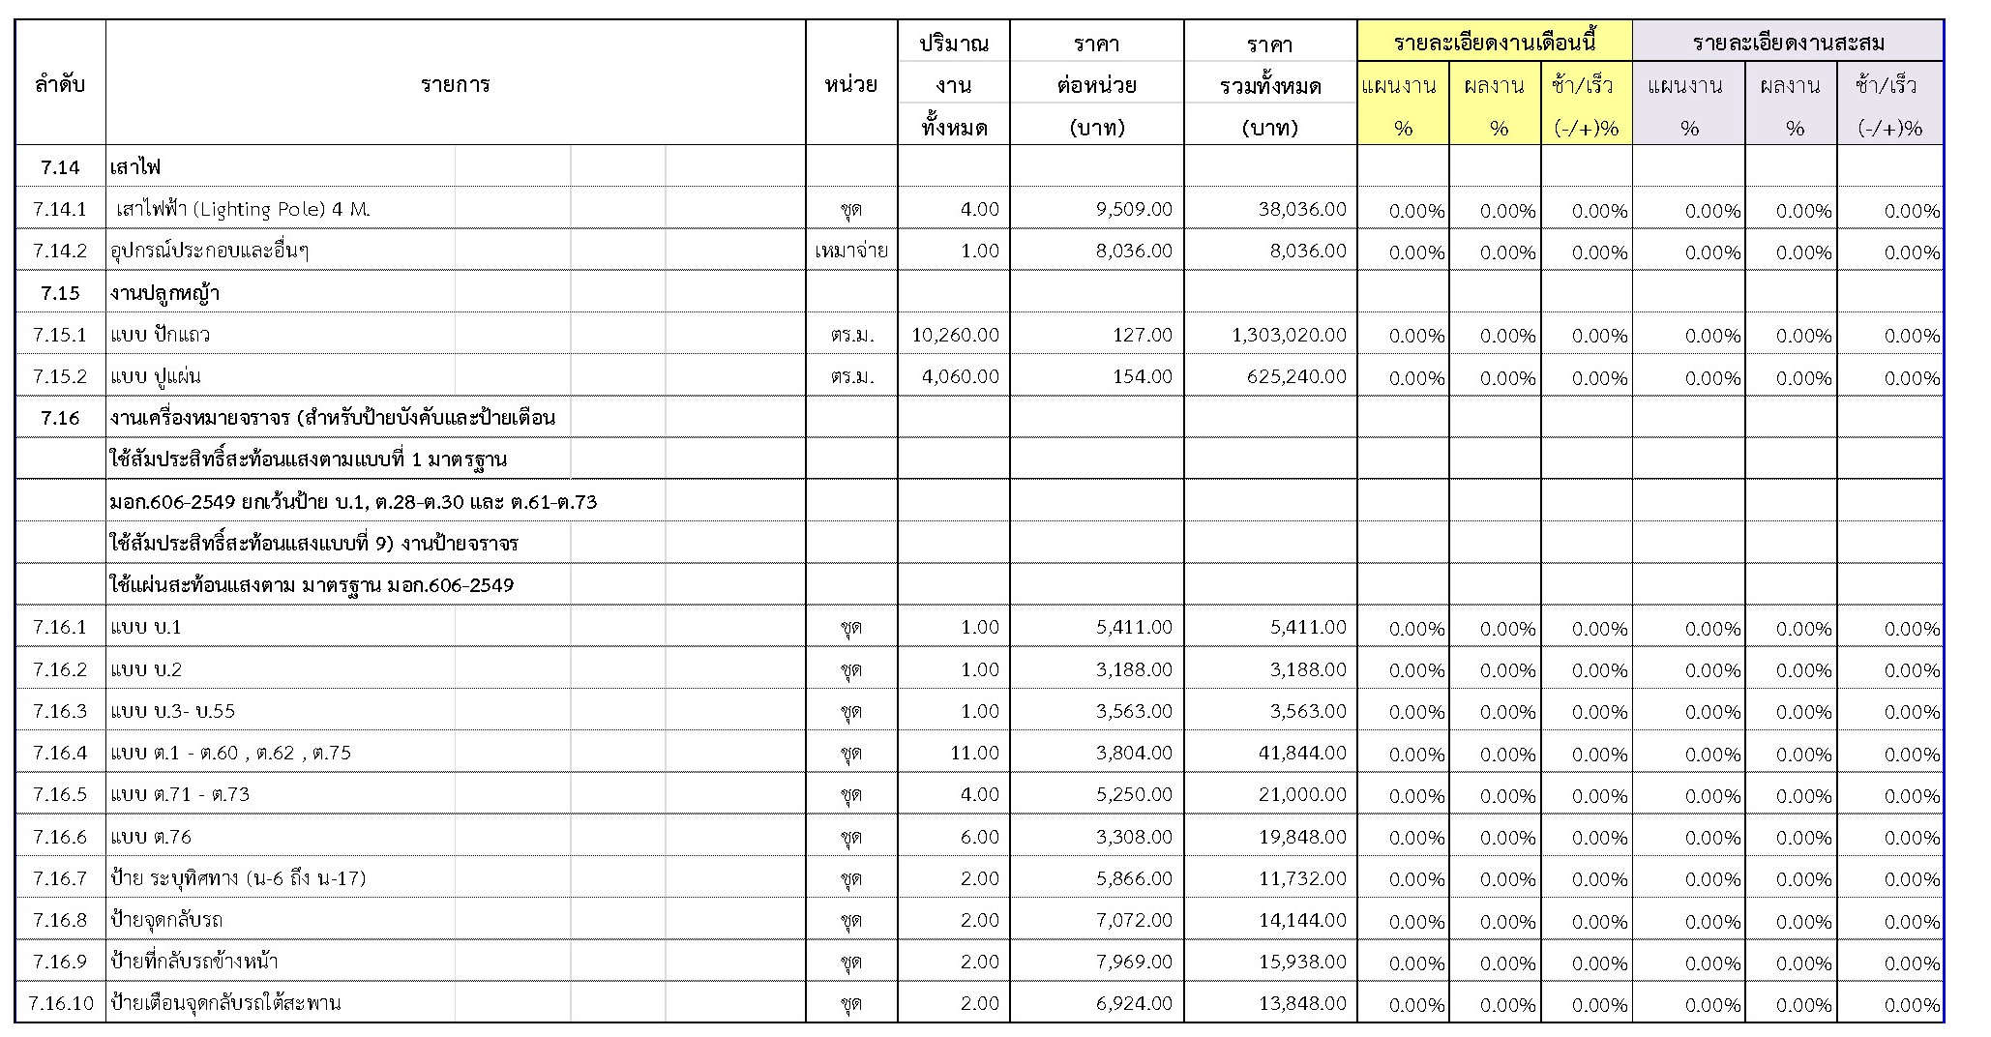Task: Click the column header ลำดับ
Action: point(60,85)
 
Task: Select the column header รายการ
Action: point(455,85)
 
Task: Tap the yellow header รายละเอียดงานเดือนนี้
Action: point(1494,43)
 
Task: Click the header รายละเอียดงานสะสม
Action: point(1788,43)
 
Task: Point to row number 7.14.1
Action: point(60,209)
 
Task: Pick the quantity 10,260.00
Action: point(955,335)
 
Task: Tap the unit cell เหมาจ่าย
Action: point(851,252)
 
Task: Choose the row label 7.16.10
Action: point(61,1003)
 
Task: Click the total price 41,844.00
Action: point(1302,753)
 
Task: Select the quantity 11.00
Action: point(974,753)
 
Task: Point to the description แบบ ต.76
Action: point(152,837)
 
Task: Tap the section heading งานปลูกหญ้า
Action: point(164,293)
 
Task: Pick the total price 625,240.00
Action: point(1296,376)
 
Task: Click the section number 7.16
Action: point(60,418)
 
